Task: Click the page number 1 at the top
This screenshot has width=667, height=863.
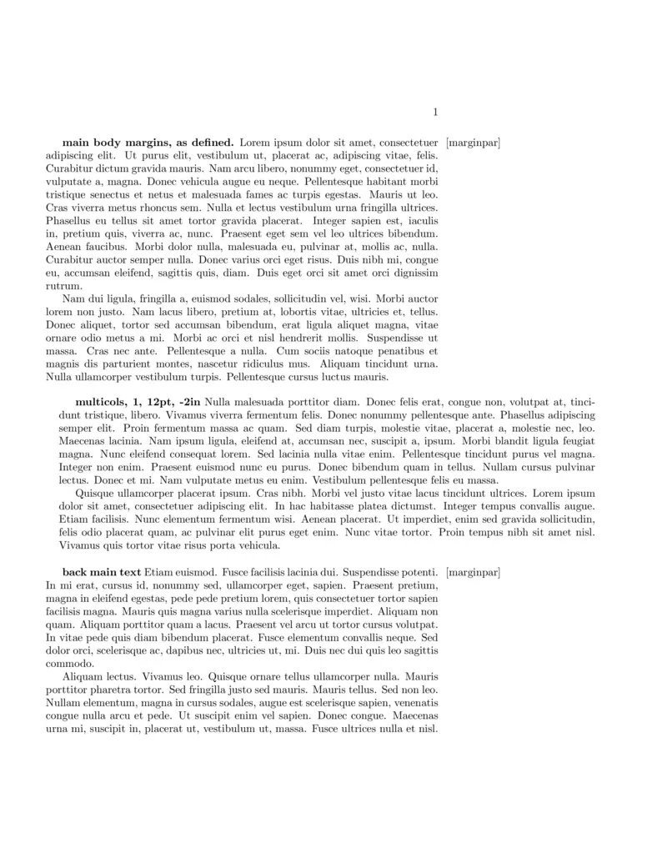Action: click(435, 113)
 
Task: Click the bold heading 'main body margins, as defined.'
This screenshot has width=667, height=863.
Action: click(148, 143)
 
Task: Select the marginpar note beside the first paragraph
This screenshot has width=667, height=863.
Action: click(473, 143)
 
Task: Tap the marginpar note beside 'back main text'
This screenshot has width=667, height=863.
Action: click(473, 572)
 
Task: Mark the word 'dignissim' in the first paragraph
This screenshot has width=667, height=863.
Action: click(414, 273)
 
